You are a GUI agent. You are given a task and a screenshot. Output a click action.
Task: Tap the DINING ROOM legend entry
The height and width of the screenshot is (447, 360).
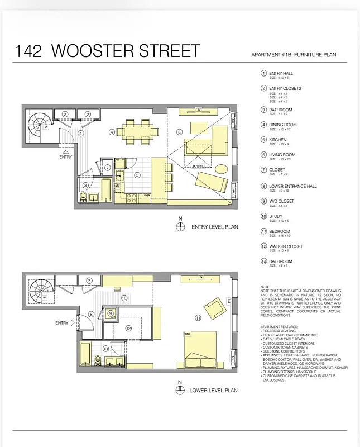coord(282,125)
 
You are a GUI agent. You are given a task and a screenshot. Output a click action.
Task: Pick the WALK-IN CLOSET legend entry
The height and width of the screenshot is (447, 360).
coord(285,246)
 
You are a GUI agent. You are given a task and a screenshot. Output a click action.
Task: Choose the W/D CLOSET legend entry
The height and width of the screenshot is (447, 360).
coord(281,201)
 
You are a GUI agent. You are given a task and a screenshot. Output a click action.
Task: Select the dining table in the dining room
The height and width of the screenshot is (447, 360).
coord(137,132)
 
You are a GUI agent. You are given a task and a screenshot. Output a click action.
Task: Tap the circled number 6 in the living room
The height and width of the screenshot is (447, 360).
coord(179,132)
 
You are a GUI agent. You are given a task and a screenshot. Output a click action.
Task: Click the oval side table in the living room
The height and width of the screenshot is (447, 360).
coord(221,168)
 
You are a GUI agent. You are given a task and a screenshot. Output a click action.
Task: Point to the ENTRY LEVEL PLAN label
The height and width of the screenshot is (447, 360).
coord(214,227)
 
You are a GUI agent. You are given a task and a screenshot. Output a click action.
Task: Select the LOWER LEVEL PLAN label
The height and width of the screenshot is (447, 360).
coord(213,390)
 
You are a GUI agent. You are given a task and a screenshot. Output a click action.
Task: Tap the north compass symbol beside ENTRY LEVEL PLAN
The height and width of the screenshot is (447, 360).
coord(180,226)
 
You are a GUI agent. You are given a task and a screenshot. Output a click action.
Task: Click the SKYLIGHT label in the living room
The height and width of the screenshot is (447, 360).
coord(199,166)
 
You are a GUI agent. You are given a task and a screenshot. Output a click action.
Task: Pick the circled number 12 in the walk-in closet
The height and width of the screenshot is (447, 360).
coord(128,329)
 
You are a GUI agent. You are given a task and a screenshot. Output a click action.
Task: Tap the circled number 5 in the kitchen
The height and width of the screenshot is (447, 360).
coord(137,175)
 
